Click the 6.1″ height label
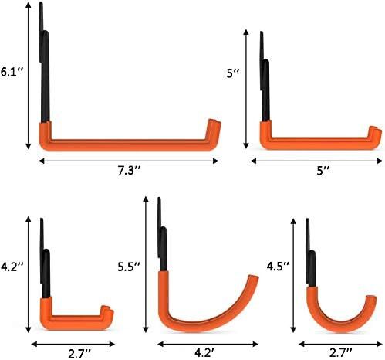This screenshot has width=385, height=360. [x=12, y=71]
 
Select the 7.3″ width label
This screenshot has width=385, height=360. [x=130, y=171]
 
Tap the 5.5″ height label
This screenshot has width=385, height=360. [x=129, y=267]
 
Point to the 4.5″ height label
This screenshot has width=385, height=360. [x=278, y=267]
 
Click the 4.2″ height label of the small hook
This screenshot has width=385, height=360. [x=12, y=267]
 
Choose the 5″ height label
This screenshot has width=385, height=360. [x=233, y=73]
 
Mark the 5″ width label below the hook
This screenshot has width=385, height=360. [x=323, y=171]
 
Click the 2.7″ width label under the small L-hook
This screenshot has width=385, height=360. [x=79, y=354]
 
